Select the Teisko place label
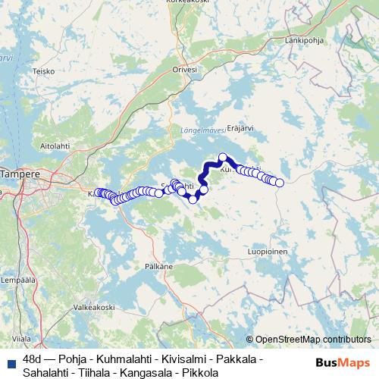pos(44,71)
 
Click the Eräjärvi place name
pos(240,128)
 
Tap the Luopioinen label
pos(268,249)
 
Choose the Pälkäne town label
pos(158,267)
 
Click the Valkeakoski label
pos(93,307)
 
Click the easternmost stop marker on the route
pos(280,183)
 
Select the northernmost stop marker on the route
pos(223,158)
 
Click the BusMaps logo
pos(343,362)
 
